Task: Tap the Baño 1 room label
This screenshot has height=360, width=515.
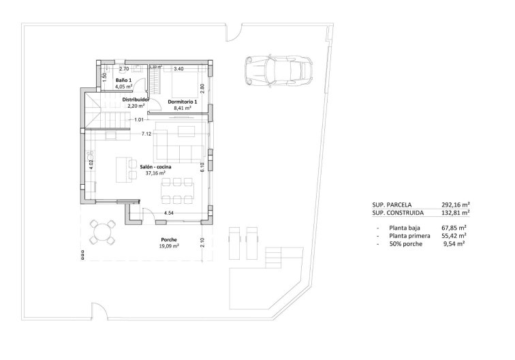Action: pos(123,80)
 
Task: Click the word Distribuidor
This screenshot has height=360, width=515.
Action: pos(136,100)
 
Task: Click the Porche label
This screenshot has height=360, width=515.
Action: pos(169,239)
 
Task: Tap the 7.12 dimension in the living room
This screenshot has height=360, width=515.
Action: pos(146,134)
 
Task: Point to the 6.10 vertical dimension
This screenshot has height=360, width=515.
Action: pos(202,164)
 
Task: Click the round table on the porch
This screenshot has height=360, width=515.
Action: pos(104,230)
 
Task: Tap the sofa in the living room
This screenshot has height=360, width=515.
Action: pos(179,143)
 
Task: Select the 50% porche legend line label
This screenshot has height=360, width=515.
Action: pos(407,243)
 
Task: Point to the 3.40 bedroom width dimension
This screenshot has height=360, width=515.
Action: pos(180,69)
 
